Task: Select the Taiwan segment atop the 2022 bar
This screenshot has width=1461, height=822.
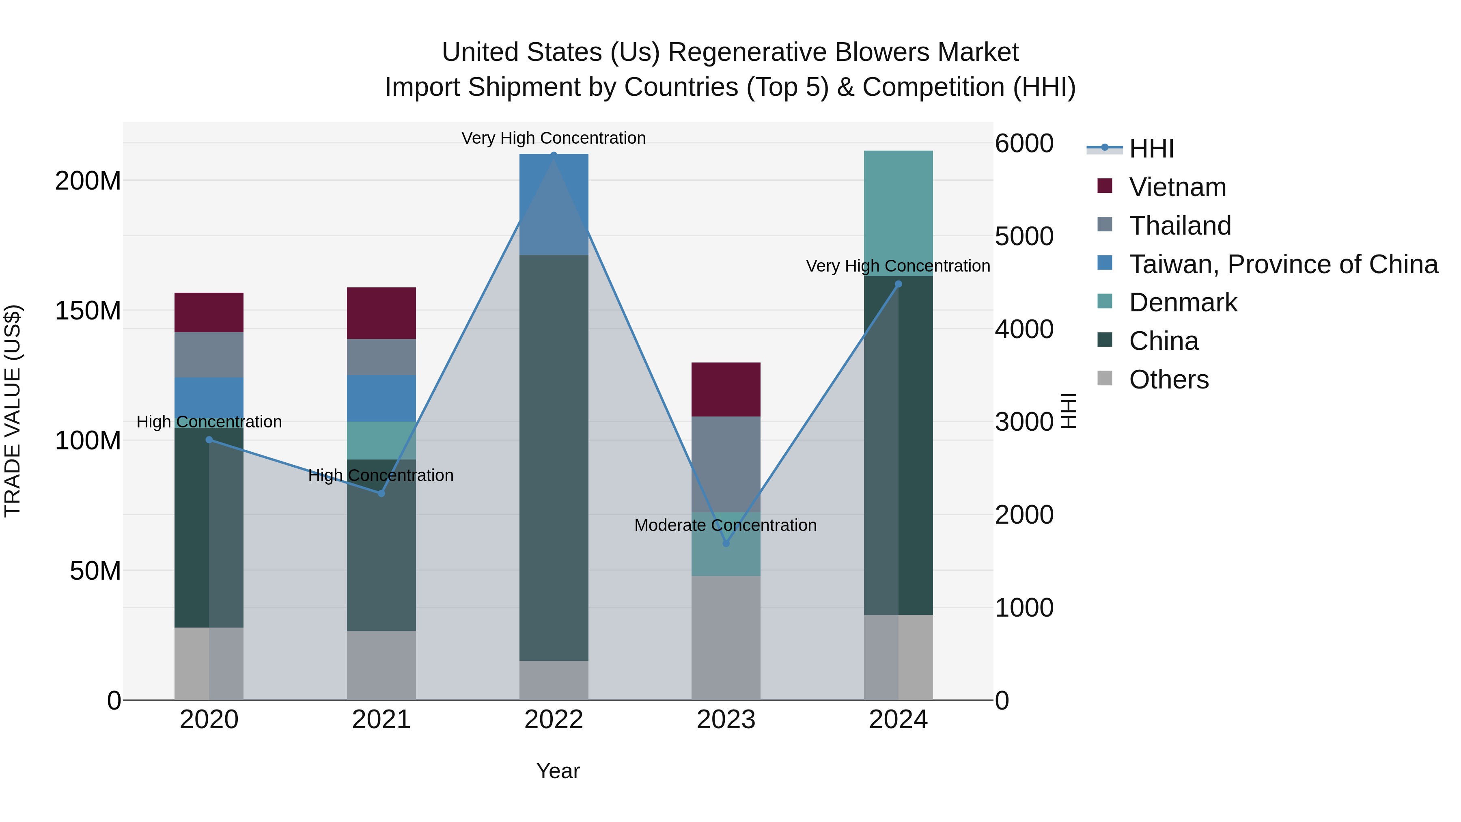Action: click(554, 204)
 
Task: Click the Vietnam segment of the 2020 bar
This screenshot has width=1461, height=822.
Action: click(209, 312)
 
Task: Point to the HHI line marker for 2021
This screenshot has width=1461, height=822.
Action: click(381, 493)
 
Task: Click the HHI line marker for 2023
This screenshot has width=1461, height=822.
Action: click(726, 543)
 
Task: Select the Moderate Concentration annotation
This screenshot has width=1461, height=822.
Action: click(725, 525)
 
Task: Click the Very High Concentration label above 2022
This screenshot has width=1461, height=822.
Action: click(553, 138)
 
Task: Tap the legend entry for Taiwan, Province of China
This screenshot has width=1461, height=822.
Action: click(1283, 264)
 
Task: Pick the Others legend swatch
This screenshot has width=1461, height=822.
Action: click(1104, 378)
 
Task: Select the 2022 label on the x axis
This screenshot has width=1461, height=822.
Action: click(554, 720)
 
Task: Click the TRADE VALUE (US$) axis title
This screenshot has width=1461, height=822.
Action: click(13, 410)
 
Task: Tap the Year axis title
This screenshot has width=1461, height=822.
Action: click(558, 771)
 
